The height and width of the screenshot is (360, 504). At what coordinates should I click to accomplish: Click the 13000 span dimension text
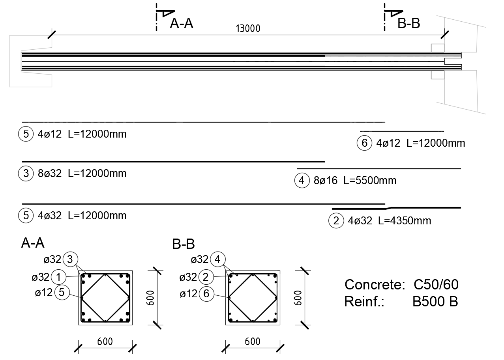point(248,28)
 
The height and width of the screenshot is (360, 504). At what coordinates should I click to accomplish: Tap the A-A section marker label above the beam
point(181,23)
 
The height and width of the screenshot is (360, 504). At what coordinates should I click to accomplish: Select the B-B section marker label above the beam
point(408,23)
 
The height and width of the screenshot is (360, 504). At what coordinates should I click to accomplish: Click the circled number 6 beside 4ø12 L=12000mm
point(365,143)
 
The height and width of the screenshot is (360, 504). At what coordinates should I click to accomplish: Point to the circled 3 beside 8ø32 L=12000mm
point(26,173)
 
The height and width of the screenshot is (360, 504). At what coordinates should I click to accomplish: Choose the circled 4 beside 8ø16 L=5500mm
point(302,181)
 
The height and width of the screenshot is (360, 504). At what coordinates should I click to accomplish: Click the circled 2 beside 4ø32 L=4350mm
point(336,221)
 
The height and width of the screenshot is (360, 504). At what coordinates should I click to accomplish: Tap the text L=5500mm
point(370,181)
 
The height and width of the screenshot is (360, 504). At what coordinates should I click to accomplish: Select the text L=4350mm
point(405,221)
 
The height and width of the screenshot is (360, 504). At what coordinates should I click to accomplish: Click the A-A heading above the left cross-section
point(33,243)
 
